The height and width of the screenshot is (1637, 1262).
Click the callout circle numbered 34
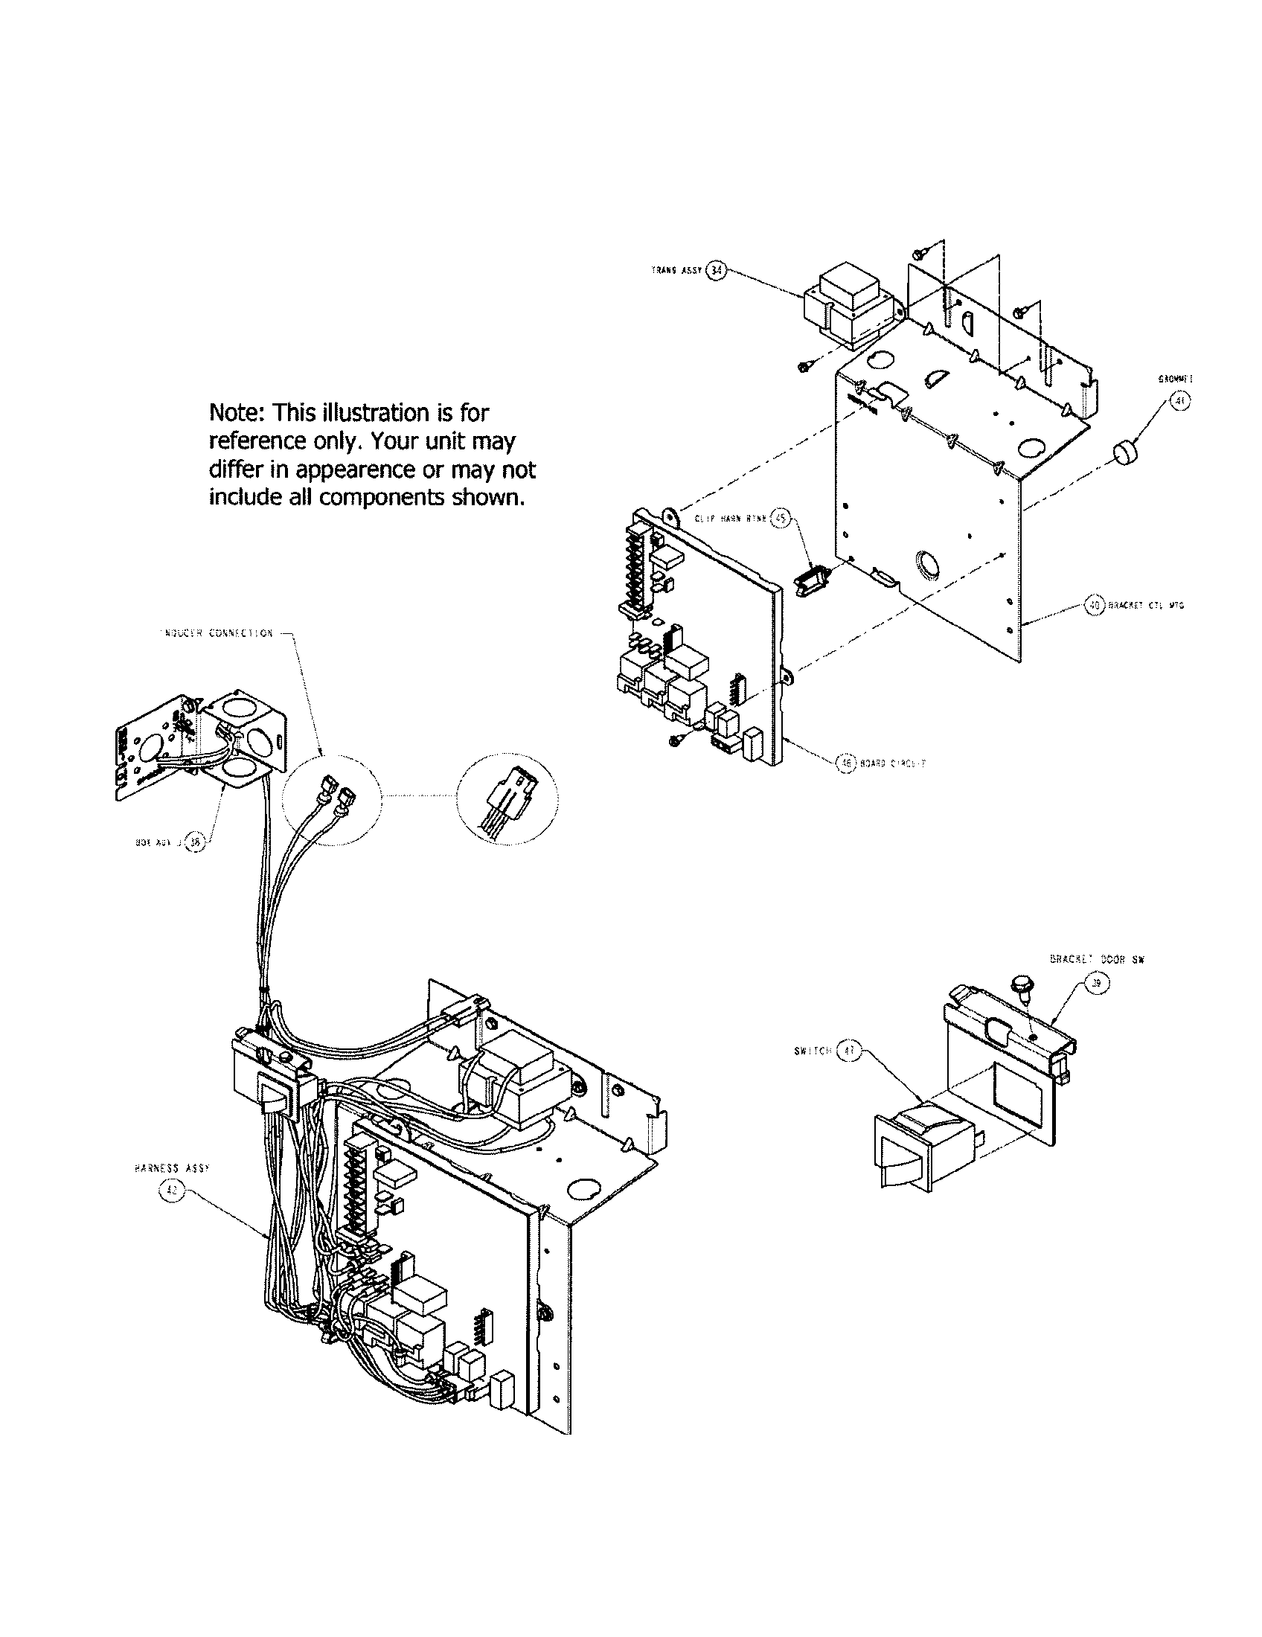click(717, 271)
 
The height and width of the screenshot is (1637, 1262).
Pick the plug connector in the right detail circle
click(508, 799)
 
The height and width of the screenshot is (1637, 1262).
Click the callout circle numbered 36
click(196, 842)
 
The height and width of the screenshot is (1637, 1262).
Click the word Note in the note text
click(236, 412)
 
